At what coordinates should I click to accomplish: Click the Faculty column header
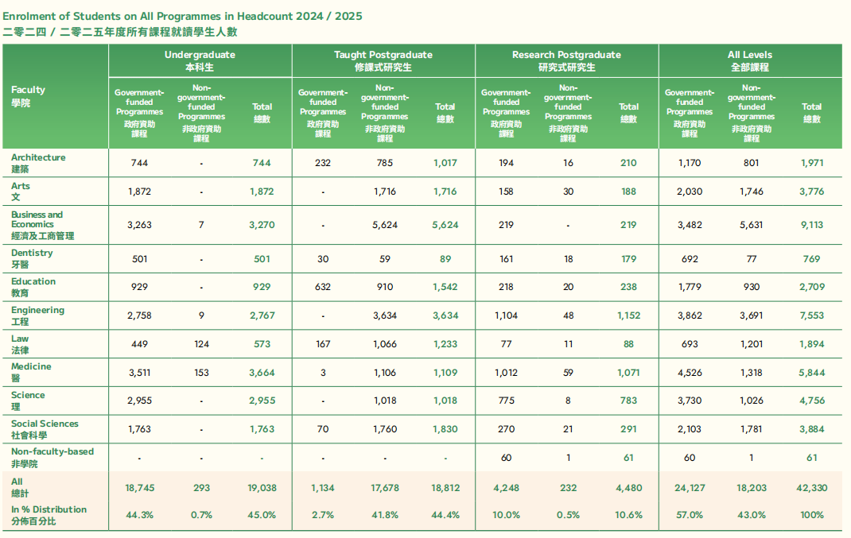pyautogui.click(x=28, y=96)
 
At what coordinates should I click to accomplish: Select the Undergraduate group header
pyautogui.click(x=200, y=60)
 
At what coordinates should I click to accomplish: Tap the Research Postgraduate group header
pyautogui.click(x=566, y=60)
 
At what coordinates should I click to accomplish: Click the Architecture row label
pyautogui.click(x=38, y=163)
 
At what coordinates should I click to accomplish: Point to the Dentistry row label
pyautogui.click(x=32, y=258)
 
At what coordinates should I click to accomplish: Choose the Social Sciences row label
pyautogui.click(x=45, y=429)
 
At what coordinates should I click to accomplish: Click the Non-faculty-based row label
pyautogui.click(x=52, y=457)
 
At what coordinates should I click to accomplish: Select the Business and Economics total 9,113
pyautogui.click(x=811, y=225)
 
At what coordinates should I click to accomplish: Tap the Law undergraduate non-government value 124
pyautogui.click(x=201, y=344)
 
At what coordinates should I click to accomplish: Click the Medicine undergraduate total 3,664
pyautogui.click(x=262, y=373)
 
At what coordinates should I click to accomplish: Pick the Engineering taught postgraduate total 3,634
pyautogui.click(x=445, y=315)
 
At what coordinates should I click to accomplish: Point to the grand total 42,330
pyautogui.click(x=811, y=488)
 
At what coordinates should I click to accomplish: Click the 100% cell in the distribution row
pyautogui.click(x=811, y=515)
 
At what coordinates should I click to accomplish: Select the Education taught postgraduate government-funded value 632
pyautogui.click(x=323, y=287)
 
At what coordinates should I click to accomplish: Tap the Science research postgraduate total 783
pyautogui.click(x=628, y=401)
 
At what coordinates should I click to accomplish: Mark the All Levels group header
pyautogui.click(x=750, y=60)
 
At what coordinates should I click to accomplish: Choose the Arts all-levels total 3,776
pyautogui.click(x=811, y=192)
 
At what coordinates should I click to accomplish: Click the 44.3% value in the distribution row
pyautogui.click(x=139, y=515)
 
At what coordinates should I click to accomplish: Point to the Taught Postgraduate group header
pyautogui.click(x=383, y=60)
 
